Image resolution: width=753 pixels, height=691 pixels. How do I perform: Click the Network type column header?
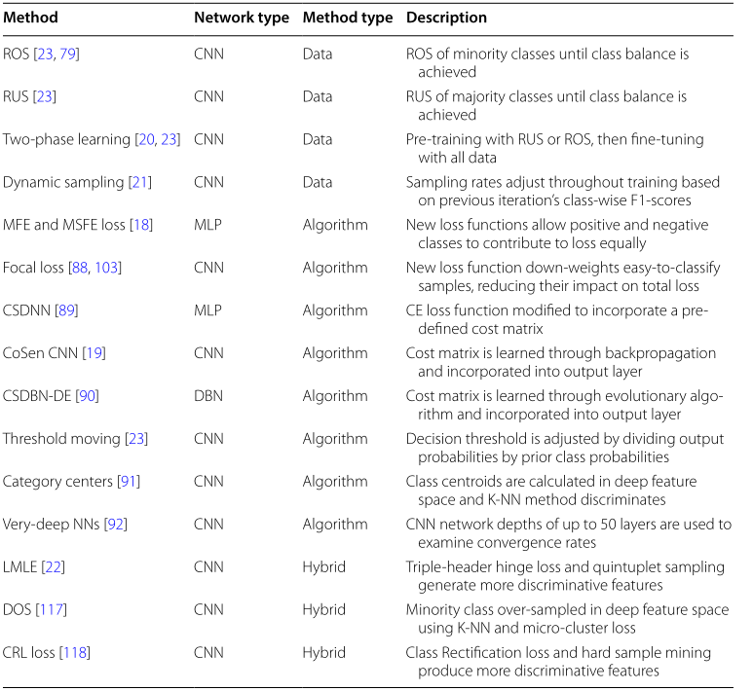click(241, 18)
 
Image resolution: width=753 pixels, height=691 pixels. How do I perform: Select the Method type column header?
click(347, 18)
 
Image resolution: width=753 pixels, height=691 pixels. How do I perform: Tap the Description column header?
click(446, 18)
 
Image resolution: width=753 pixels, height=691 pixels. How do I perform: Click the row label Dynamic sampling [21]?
click(77, 182)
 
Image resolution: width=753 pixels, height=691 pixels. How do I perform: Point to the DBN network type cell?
click(208, 396)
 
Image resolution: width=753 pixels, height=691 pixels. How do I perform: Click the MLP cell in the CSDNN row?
click(207, 310)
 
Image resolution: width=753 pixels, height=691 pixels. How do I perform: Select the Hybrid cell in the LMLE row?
click(323, 566)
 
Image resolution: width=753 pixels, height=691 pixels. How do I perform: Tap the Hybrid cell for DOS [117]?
click(323, 609)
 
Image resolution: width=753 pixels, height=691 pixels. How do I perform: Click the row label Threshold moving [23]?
click(75, 439)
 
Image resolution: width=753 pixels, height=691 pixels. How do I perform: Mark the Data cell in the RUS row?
click(317, 96)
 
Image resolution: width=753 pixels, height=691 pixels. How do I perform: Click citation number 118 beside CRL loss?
click(75, 652)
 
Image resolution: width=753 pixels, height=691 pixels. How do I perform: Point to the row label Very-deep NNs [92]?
click(65, 525)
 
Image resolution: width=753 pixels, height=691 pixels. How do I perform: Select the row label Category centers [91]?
click(72, 482)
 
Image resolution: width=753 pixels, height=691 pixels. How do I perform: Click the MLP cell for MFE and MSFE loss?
click(207, 225)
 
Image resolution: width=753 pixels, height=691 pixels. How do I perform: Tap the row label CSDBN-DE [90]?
click(51, 396)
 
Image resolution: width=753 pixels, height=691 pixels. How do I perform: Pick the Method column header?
click(30, 18)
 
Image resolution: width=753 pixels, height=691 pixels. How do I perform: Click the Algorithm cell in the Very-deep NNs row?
click(334, 525)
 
